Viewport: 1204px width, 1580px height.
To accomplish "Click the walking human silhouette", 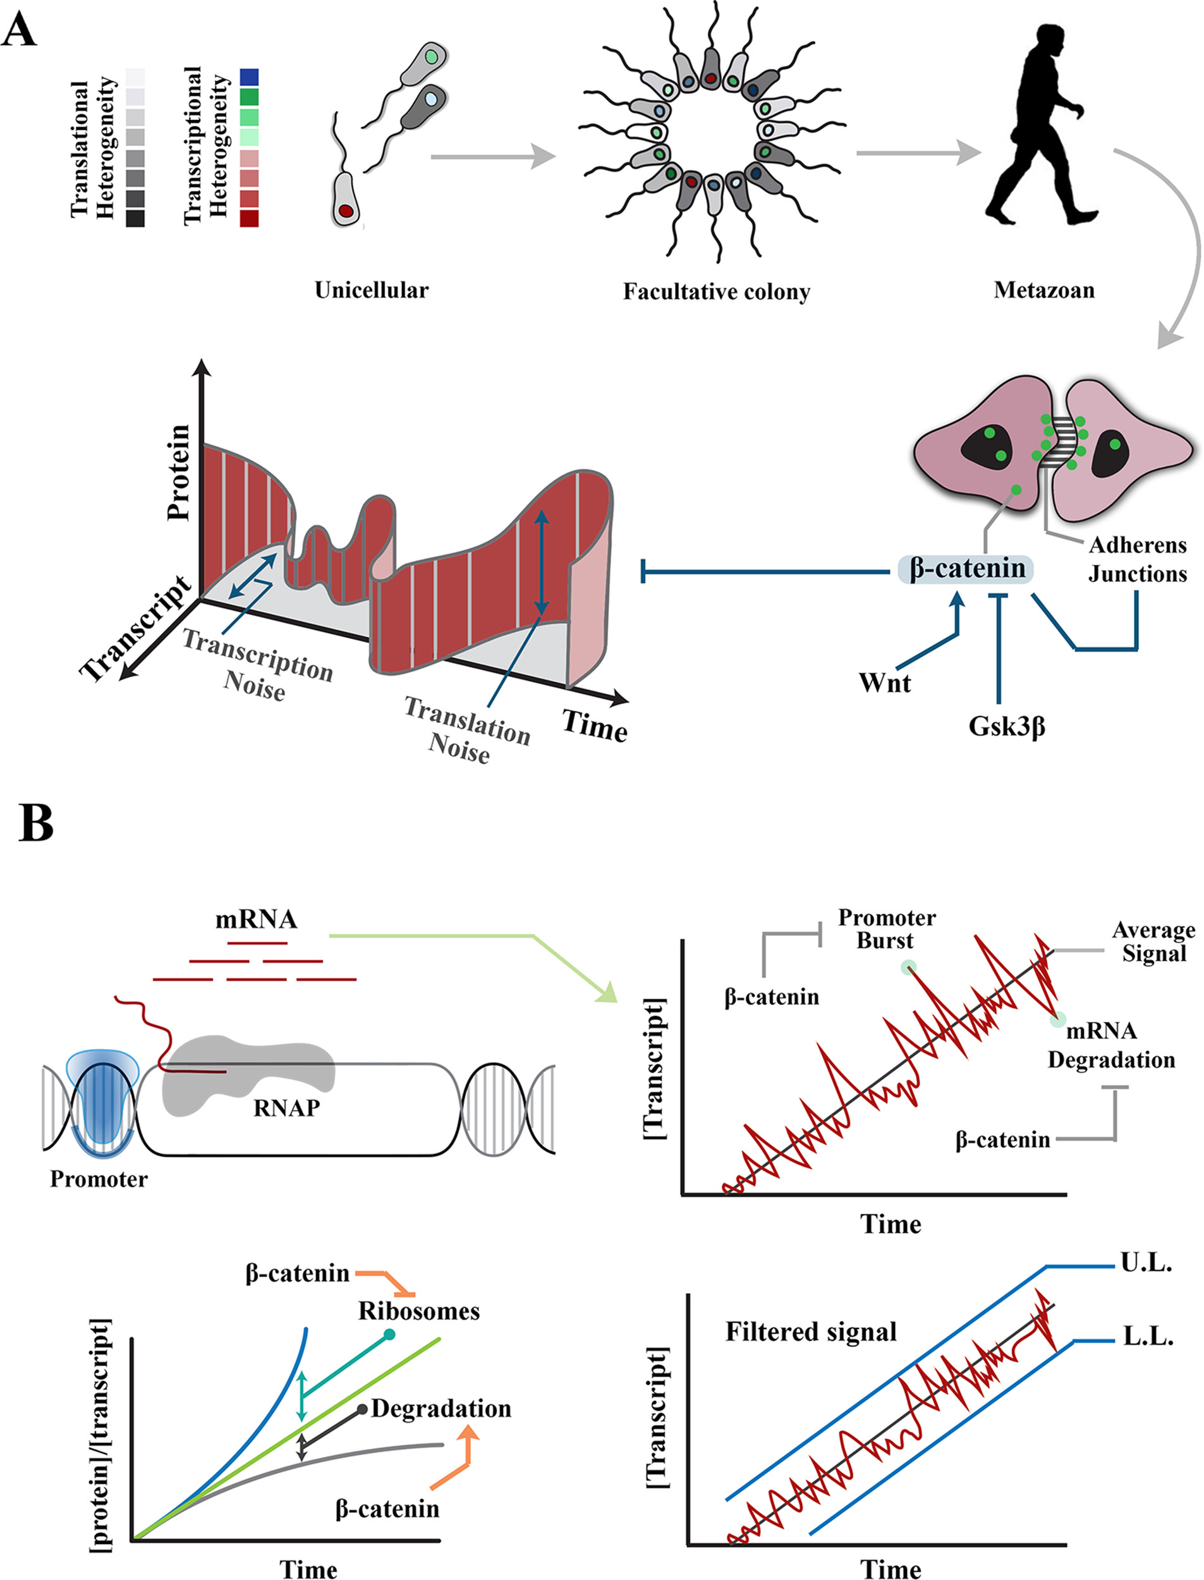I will (x=1039, y=129).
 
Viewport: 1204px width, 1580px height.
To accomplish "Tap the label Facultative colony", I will (x=716, y=291).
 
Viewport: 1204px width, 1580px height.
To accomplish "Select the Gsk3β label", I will (x=1006, y=727).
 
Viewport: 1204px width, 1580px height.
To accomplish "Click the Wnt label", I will (x=884, y=683).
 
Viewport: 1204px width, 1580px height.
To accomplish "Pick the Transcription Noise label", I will (x=257, y=664).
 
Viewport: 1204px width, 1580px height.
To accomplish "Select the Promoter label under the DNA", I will (x=99, y=1179).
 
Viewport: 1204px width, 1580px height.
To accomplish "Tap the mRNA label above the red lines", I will (x=256, y=920).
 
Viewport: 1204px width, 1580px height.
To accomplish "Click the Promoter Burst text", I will (x=887, y=928).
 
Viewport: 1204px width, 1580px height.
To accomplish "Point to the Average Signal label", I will (x=1153, y=942).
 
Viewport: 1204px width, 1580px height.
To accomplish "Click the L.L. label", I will (x=1147, y=1337).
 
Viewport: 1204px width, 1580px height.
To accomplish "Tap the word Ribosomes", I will (x=418, y=1311).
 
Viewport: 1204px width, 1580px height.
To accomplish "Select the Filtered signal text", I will (x=810, y=1332).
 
